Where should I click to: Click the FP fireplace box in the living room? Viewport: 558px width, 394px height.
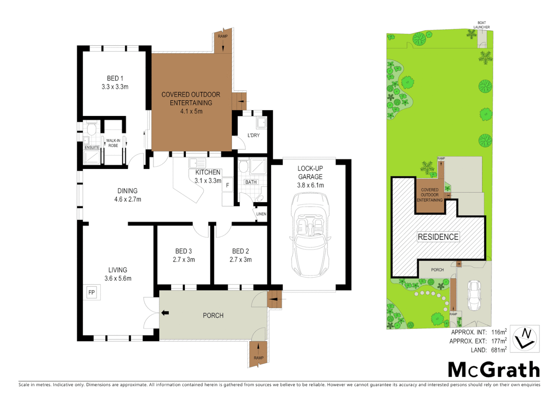tap(92, 292)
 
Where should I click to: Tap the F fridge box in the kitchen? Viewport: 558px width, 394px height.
tap(227, 185)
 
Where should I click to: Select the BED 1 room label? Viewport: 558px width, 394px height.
tap(115, 78)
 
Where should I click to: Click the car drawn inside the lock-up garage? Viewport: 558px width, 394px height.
tap(310, 235)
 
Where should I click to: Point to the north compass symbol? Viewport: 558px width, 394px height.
tap(524, 339)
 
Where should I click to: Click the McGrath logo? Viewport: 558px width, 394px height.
tap(494, 370)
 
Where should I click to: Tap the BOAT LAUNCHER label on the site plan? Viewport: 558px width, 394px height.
tap(481, 25)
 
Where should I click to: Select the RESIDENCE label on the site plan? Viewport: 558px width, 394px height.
tap(438, 237)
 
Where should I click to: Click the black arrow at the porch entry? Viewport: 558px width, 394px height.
tap(165, 313)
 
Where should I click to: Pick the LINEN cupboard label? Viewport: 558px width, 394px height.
tap(261, 214)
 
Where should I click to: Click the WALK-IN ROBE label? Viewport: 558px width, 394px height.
tap(113, 143)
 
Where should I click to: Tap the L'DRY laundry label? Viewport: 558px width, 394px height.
tap(253, 135)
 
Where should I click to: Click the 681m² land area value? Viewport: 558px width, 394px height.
tap(498, 350)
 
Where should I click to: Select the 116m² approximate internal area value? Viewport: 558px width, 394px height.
tap(499, 332)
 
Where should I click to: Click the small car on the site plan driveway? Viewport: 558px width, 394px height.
tap(474, 295)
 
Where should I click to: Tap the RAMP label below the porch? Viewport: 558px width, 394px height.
tap(259, 358)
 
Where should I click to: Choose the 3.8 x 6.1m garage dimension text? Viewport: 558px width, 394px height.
tap(310, 185)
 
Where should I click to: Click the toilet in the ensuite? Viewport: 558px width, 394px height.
tap(91, 129)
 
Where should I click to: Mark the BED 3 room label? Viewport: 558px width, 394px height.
tap(183, 251)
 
